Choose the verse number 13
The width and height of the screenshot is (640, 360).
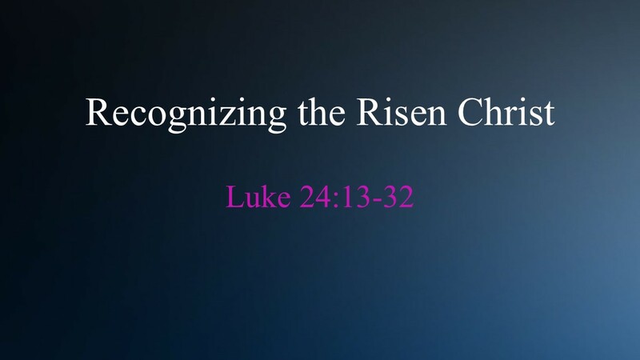(x=350, y=196)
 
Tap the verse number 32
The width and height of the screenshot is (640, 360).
(x=398, y=196)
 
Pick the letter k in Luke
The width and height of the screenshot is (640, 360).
(x=265, y=196)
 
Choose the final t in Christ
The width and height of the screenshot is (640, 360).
(x=547, y=114)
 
